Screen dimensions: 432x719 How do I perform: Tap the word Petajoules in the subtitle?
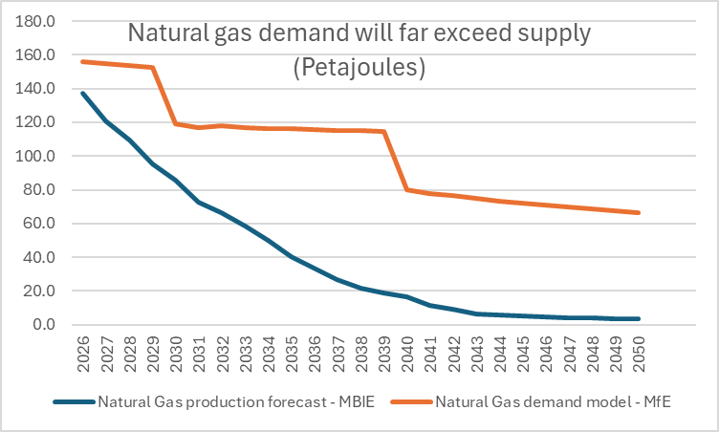pyautogui.click(x=359, y=70)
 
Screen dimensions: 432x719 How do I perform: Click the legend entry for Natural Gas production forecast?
pyautogui.click(x=214, y=401)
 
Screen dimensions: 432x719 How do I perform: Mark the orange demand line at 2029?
pyautogui.click(x=152, y=67)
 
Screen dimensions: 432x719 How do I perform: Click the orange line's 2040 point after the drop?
pyautogui.click(x=407, y=189)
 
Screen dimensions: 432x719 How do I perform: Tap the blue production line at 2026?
pyautogui.click(x=82, y=93)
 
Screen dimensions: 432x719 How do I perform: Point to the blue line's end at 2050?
pyautogui.click(x=639, y=319)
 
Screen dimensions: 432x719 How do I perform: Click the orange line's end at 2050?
pyautogui.click(x=639, y=212)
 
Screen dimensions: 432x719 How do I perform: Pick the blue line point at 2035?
pyautogui.click(x=292, y=257)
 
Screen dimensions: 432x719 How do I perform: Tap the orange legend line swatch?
pyautogui.click(x=408, y=401)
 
